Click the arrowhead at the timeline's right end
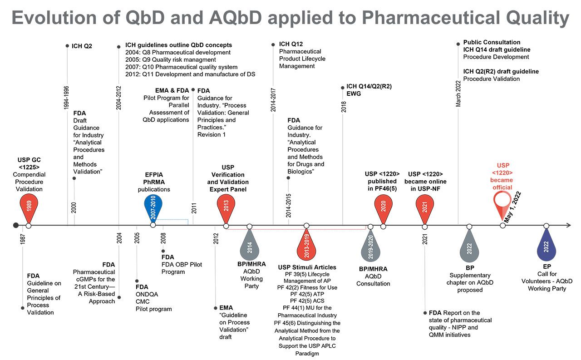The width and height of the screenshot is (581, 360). pos(568,226)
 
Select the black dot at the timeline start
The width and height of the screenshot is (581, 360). pos(16,226)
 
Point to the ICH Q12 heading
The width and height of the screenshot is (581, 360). pos(290,44)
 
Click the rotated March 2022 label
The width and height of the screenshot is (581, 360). pos(458,94)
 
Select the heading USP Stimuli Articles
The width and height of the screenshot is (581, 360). pos(307,267)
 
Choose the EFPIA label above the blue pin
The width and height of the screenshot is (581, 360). pos(153,175)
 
